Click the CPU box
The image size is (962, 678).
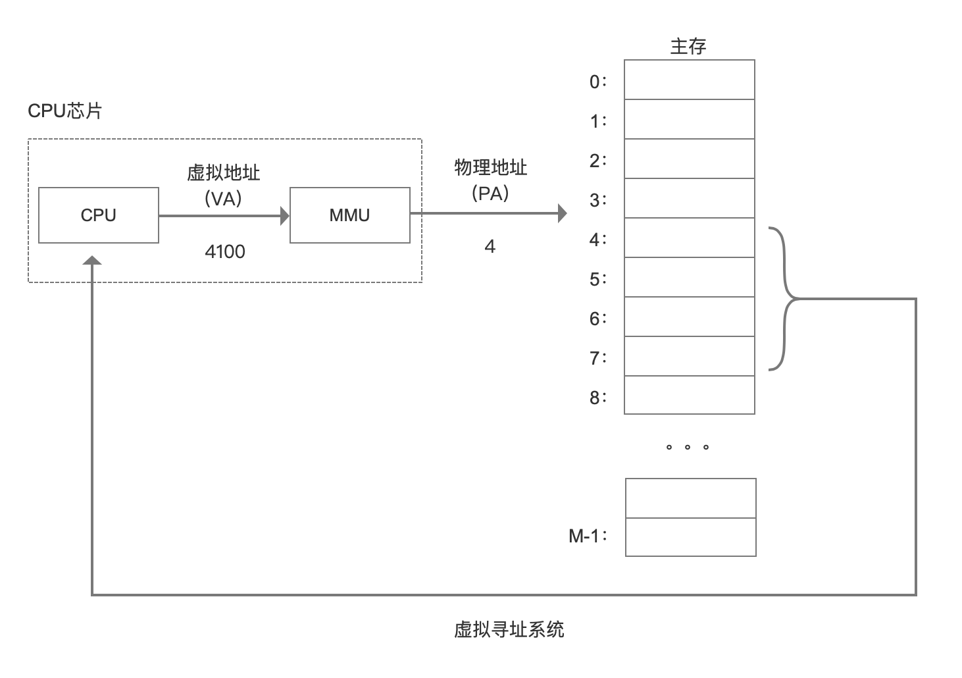tap(99, 215)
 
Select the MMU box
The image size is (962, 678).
tap(349, 215)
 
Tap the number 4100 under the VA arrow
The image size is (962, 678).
tap(225, 251)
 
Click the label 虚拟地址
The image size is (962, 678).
tap(224, 173)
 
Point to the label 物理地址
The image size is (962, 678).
tap(491, 168)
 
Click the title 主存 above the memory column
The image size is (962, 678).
tap(688, 47)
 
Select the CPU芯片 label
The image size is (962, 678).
tap(65, 111)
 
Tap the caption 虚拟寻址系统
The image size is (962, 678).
tap(509, 630)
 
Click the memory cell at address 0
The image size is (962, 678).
tap(689, 80)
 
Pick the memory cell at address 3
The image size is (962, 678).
tap(689, 198)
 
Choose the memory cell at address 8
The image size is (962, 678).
tap(689, 395)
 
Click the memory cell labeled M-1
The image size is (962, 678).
tap(690, 537)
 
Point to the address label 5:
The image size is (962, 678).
tap(598, 279)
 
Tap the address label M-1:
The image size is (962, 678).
tap(588, 536)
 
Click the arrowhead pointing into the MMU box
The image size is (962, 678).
tap(284, 215)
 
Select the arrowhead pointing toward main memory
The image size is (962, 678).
tap(562, 213)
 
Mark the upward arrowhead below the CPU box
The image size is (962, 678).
tap(92, 261)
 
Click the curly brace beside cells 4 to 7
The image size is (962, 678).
tap(784, 299)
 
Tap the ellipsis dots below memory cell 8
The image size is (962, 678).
tap(687, 448)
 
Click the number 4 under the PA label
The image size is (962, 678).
tap(490, 247)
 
